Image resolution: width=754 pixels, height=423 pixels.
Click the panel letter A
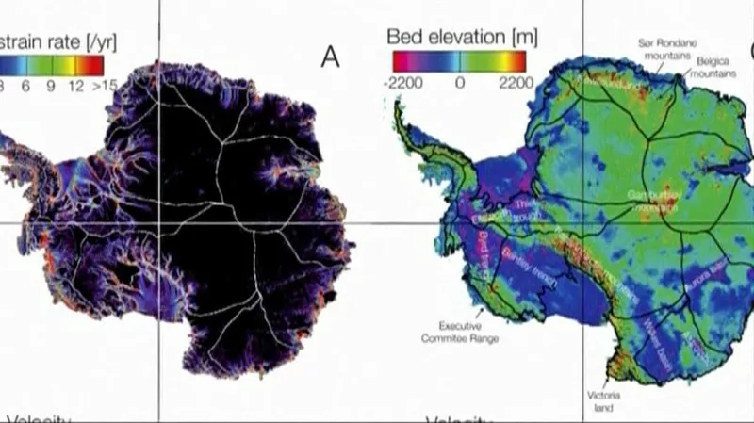coord(330,57)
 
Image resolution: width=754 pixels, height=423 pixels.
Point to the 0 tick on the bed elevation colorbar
coord(459,82)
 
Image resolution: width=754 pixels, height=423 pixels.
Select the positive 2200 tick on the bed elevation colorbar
coord(514,82)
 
